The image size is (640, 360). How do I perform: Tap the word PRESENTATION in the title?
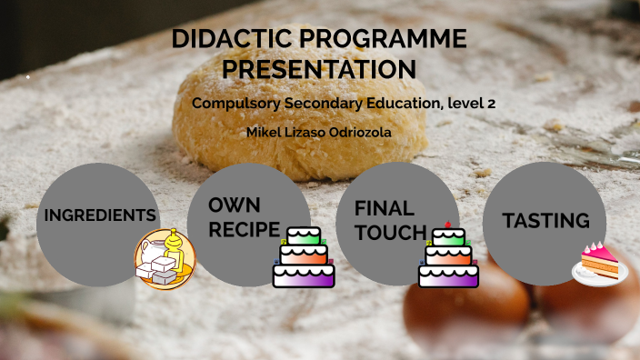tap(319, 69)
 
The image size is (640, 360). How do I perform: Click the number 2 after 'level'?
tap(491, 104)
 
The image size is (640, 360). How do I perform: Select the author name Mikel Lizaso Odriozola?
tap(319, 132)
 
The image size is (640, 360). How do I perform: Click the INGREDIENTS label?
tap(99, 215)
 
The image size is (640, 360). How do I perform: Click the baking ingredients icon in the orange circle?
tap(165, 261)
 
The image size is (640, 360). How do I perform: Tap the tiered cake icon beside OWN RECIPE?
tap(304, 257)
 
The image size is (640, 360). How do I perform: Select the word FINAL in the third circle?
tap(384, 207)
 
